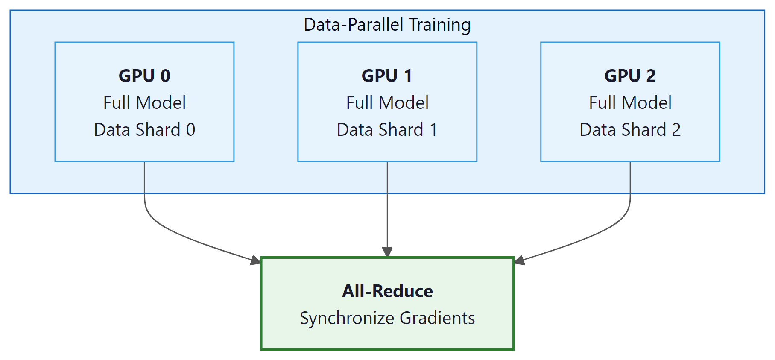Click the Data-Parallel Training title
tap(387, 25)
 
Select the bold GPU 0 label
tap(144, 76)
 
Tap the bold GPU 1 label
tap(387, 76)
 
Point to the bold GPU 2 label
tap(630, 76)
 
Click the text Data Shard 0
tap(144, 129)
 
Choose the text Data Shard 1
tap(387, 129)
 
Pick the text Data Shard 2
tap(630, 129)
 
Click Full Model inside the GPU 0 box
tap(144, 102)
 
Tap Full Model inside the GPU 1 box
tap(387, 102)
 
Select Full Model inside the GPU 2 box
tap(630, 102)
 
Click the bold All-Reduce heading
tap(387, 291)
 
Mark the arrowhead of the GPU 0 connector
tap(256, 260)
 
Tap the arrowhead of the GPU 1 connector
tap(387, 252)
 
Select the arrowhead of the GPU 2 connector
tap(519, 260)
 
